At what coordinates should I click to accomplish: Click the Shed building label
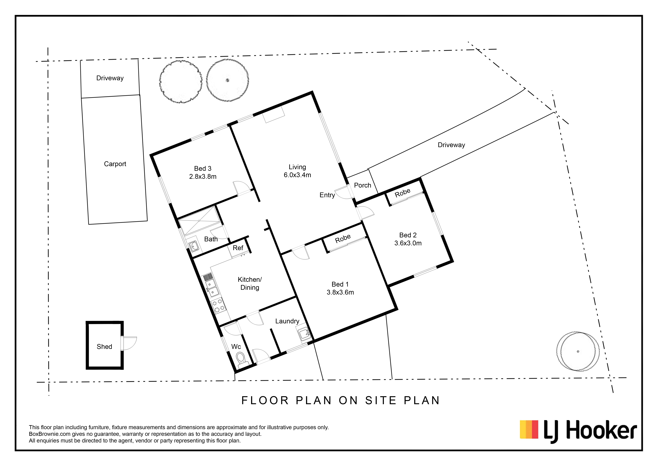click(104, 347)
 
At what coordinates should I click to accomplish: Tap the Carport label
click(115, 164)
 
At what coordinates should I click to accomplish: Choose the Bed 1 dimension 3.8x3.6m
click(340, 292)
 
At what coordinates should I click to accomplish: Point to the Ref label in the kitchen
click(238, 248)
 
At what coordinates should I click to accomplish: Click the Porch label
click(363, 185)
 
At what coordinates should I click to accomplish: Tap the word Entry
click(327, 195)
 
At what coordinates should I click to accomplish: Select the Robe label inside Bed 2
click(402, 193)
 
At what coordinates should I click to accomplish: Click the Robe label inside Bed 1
click(343, 238)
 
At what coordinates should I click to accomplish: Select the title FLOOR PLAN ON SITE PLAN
click(340, 401)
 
